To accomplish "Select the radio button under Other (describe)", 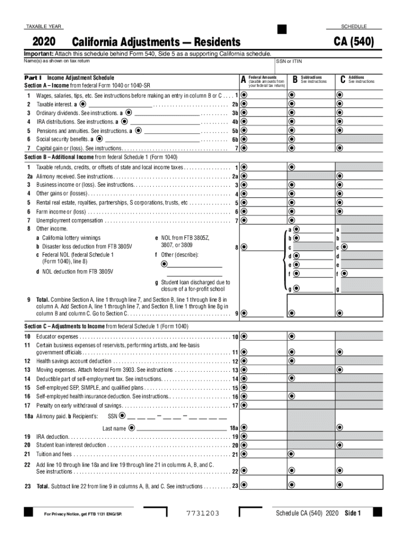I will (x=164, y=264).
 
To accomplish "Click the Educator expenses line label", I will (x=57, y=336).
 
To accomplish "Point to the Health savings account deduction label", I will (x=74, y=361).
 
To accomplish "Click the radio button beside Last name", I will (x=131, y=428).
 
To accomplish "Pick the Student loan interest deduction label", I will (x=71, y=446).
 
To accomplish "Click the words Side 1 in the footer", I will (x=353, y=514).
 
